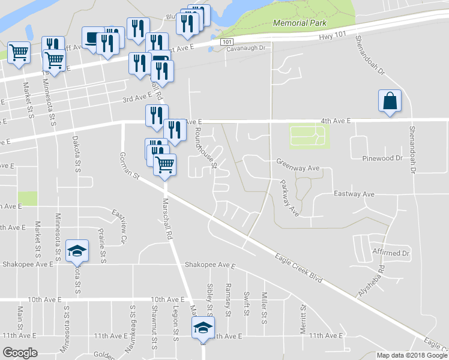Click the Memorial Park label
[x=300, y=23]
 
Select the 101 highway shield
[x=226, y=42]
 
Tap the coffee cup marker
[x=92, y=40]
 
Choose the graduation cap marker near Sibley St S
[x=203, y=329]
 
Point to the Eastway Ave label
[x=354, y=194]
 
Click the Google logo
[x=20, y=352]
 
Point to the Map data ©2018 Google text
[x=412, y=355]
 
